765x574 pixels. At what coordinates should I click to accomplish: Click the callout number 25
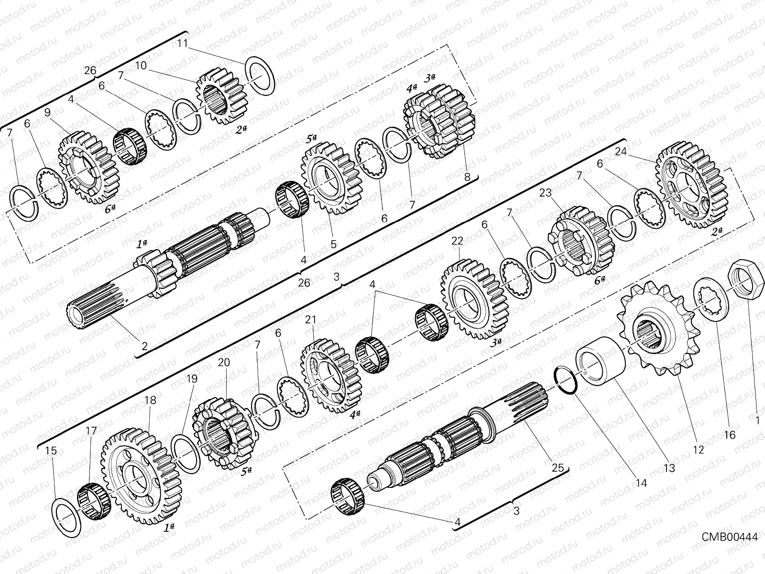coord(558,467)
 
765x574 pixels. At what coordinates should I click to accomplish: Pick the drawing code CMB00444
coord(729,537)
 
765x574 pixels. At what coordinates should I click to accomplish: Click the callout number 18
coord(150,400)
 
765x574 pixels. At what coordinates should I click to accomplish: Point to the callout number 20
coord(224,363)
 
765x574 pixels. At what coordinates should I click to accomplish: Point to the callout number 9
coord(47,113)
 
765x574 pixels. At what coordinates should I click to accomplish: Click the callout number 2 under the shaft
coord(144,345)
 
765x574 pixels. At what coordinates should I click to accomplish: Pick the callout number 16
coord(730,435)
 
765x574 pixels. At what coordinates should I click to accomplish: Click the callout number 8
coord(467,177)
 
